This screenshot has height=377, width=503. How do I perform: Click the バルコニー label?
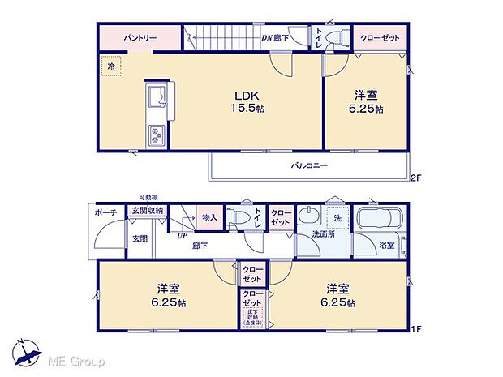309,165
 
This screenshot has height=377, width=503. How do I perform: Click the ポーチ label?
104,212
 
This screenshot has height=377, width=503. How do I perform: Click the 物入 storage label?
209,217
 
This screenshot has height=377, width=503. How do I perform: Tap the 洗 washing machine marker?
337,219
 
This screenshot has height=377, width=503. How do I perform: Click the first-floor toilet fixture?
239,217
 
